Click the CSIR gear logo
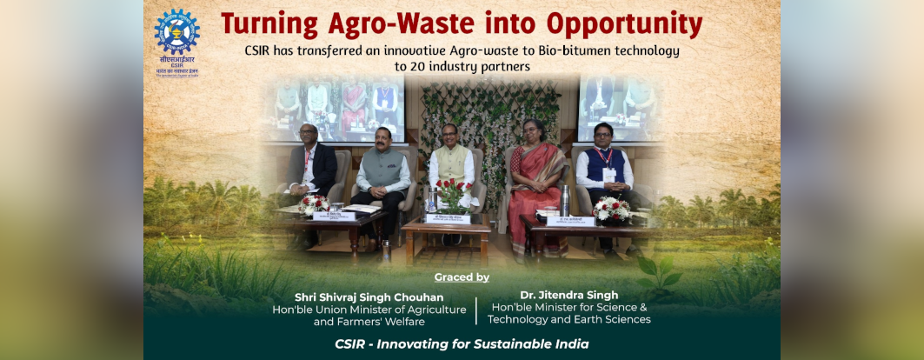[x=176, y=33]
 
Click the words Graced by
[x=462, y=277]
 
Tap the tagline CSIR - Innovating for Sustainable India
[x=462, y=344]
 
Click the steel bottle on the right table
[x=565, y=201]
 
